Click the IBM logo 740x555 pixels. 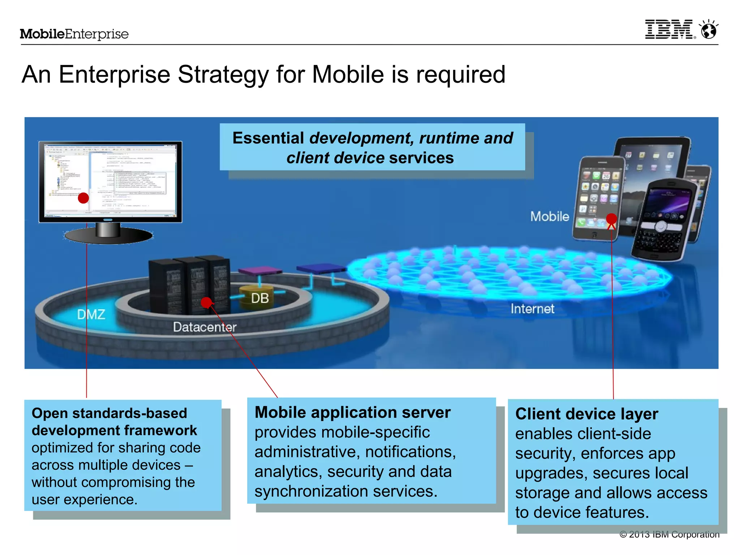click(x=669, y=29)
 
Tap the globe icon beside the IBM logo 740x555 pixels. click(x=709, y=30)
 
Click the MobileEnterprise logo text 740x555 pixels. click(x=74, y=34)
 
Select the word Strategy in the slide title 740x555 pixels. click(x=223, y=75)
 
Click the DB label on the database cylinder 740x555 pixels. click(x=260, y=298)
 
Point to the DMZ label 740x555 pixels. click(x=91, y=314)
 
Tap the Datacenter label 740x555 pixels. click(x=205, y=327)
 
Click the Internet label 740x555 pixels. click(x=532, y=309)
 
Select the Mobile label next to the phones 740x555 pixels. click(x=550, y=216)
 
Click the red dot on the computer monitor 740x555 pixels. click(x=83, y=198)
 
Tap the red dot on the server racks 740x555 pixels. click(x=206, y=302)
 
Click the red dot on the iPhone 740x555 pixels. click(x=611, y=219)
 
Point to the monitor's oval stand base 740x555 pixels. click(x=108, y=236)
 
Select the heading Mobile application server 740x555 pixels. click(x=352, y=412)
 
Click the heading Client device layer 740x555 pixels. click(x=586, y=414)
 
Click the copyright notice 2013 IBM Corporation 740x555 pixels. click(x=670, y=534)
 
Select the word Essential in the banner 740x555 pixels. click(x=268, y=138)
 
